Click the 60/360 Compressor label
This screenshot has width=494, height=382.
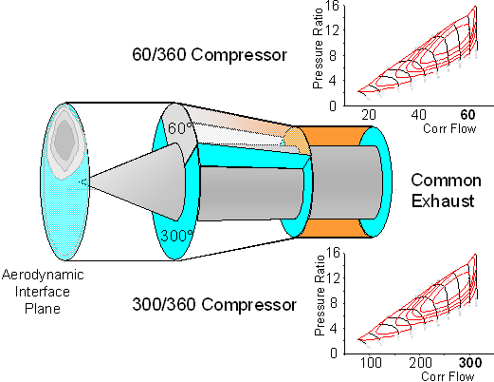[x=210, y=54]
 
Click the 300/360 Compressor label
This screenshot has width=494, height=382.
[x=214, y=304]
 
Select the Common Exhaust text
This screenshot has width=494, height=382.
[x=446, y=190]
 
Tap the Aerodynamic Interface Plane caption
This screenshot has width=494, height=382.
[x=43, y=292]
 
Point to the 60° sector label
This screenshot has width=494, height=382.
[x=180, y=128]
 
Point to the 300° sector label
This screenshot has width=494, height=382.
[x=177, y=236]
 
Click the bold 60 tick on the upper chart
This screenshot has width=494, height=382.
[x=467, y=115]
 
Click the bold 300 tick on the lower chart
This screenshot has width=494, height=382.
[x=470, y=363]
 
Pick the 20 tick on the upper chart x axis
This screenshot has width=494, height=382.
[x=369, y=115]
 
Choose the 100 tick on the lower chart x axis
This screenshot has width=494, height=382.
[x=371, y=363]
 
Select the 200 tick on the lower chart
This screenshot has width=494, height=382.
[x=420, y=363]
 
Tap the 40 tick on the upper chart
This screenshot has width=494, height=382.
[x=419, y=115]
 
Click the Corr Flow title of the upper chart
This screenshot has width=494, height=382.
[x=449, y=128]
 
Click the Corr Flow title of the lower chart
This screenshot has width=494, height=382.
[x=448, y=376]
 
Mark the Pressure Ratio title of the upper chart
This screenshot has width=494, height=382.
[x=318, y=48]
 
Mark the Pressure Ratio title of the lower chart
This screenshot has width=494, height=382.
[x=320, y=296]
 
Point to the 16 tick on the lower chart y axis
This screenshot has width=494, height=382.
[x=333, y=253]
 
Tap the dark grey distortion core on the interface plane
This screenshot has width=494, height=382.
[x=64, y=140]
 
